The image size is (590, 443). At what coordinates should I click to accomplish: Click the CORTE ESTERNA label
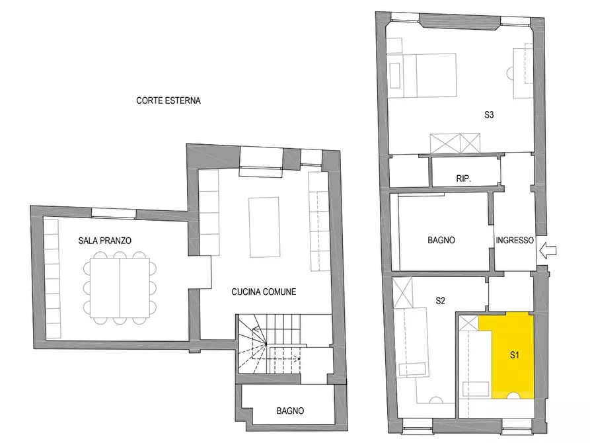tap(168, 101)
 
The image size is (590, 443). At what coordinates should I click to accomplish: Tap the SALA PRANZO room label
tap(104, 241)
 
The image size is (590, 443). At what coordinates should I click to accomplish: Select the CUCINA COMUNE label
tap(264, 292)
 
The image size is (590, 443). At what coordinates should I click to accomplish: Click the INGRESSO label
tap(515, 240)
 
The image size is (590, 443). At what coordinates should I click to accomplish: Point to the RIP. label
tap(464, 179)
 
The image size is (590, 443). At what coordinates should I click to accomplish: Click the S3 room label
tap(489, 115)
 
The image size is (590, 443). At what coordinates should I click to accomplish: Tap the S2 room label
tap(440, 301)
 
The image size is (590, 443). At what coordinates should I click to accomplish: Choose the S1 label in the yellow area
tap(515, 355)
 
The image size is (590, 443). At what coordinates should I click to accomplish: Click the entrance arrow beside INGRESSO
tap(548, 250)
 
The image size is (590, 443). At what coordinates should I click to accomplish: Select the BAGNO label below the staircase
tap(290, 411)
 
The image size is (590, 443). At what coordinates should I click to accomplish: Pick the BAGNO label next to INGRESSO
tap(441, 240)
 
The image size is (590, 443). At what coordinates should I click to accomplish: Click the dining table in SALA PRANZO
tap(120, 288)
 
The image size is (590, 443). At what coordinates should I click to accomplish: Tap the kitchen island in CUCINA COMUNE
tap(264, 227)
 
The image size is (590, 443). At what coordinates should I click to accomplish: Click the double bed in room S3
tap(422, 76)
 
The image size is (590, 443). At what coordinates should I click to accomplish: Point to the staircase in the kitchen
tap(270, 344)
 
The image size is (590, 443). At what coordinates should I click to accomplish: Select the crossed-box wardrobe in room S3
tap(455, 143)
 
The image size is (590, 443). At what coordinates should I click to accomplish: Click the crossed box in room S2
tap(402, 293)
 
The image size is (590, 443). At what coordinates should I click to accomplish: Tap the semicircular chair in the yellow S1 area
tap(513, 395)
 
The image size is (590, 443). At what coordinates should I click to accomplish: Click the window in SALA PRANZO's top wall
tap(114, 214)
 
